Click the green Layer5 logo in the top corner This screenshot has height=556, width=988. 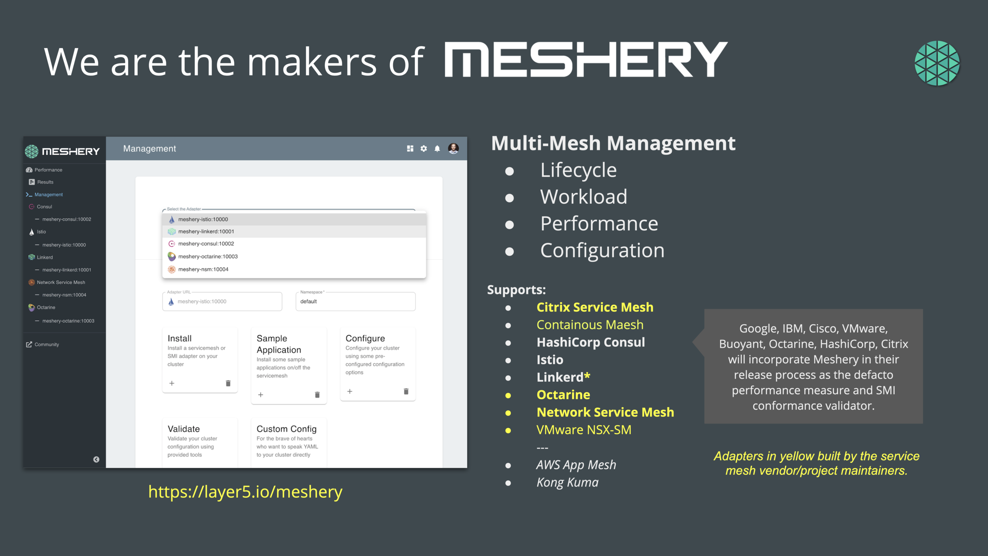[x=937, y=63]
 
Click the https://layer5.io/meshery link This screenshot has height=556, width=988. [x=245, y=492]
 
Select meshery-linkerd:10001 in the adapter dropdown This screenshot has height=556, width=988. [x=206, y=231]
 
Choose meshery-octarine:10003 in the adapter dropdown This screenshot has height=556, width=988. [x=208, y=257]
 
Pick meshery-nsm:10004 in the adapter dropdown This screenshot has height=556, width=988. [x=203, y=269]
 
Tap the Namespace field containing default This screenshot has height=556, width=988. [x=355, y=301]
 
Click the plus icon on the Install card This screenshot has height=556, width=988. [x=172, y=383]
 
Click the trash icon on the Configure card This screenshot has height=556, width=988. [x=406, y=391]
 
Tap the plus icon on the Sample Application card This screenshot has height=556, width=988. [x=261, y=395]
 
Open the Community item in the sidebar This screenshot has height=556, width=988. [x=47, y=345]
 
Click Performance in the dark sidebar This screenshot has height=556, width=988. [x=48, y=170]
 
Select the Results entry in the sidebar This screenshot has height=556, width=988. [x=45, y=182]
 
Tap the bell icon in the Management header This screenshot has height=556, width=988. [x=437, y=149]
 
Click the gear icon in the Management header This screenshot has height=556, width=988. [x=424, y=149]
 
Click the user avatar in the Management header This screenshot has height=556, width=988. [x=453, y=149]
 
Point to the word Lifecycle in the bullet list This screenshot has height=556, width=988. [x=578, y=170]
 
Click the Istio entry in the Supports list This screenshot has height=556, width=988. [x=550, y=360]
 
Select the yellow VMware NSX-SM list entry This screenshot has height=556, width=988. [x=584, y=430]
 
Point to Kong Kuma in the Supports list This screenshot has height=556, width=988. [x=567, y=482]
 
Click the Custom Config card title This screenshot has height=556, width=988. [x=287, y=429]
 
